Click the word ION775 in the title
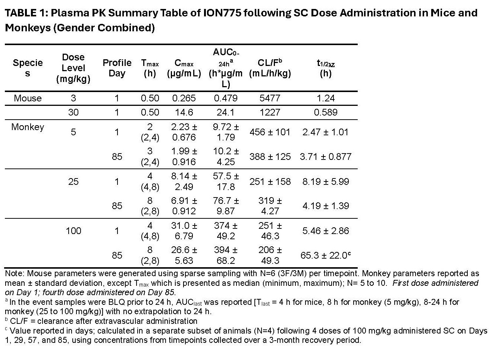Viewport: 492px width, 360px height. pyautogui.click(x=222, y=13)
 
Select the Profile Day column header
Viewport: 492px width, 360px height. pyautogui.click(x=117, y=68)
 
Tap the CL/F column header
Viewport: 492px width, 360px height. pyautogui.click(x=270, y=68)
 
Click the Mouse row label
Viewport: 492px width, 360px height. pyautogui.click(x=28, y=98)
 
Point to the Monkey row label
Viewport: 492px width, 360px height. pyautogui.click(x=28, y=127)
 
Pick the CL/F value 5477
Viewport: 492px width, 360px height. pyautogui.click(x=270, y=98)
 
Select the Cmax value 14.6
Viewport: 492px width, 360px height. pyautogui.click(x=184, y=113)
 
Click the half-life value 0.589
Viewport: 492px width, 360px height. pyautogui.click(x=326, y=113)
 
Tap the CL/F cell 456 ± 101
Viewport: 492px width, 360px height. pyautogui.click(x=270, y=132)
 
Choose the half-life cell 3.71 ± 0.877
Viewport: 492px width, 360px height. pyautogui.click(x=326, y=157)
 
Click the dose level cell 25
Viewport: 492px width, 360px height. pyautogui.click(x=73, y=181)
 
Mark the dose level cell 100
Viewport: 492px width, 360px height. pyautogui.click(x=73, y=231)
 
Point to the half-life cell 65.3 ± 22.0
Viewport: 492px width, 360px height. pyautogui.click(x=326, y=256)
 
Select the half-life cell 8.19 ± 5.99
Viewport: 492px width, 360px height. pyautogui.click(x=326, y=181)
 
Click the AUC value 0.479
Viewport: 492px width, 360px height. pyautogui.click(x=226, y=98)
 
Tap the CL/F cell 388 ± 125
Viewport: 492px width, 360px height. pyautogui.click(x=270, y=157)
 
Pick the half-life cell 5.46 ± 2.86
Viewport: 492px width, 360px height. pyautogui.click(x=326, y=231)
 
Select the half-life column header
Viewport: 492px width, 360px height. pyautogui.click(x=326, y=68)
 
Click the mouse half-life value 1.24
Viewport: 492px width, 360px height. pyautogui.click(x=326, y=98)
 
